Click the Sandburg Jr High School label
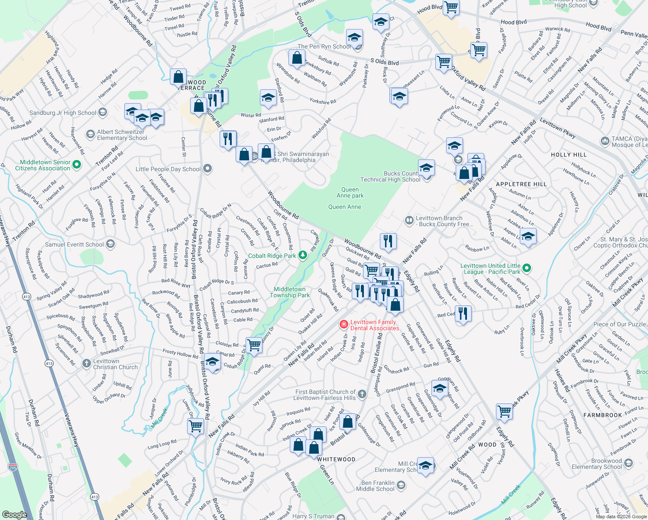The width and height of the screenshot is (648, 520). coord(63,113)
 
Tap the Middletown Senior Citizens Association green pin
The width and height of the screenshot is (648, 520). coord(77,164)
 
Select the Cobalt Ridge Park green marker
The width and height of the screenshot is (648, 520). coord(303,256)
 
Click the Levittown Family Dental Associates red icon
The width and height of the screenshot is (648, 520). coord(343,324)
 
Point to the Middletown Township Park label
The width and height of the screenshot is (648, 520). coord(290,292)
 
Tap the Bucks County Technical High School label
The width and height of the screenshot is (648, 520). coord(390,176)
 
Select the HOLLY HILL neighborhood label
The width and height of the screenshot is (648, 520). coord(569,155)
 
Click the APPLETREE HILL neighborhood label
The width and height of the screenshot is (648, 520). coord(521,184)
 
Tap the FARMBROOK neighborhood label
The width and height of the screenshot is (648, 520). coord(603,415)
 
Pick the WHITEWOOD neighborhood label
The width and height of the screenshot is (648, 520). coord(336,459)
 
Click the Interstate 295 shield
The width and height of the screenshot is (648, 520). coord(13,467)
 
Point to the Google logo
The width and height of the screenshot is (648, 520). coord(14,514)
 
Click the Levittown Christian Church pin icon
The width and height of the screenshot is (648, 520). coord(87,363)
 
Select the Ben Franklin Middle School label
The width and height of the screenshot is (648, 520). coord(378,486)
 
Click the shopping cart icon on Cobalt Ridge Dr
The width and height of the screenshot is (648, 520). coord(254,345)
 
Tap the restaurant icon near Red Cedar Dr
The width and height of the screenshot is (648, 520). coord(463,313)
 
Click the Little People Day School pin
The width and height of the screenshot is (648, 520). coord(207,169)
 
